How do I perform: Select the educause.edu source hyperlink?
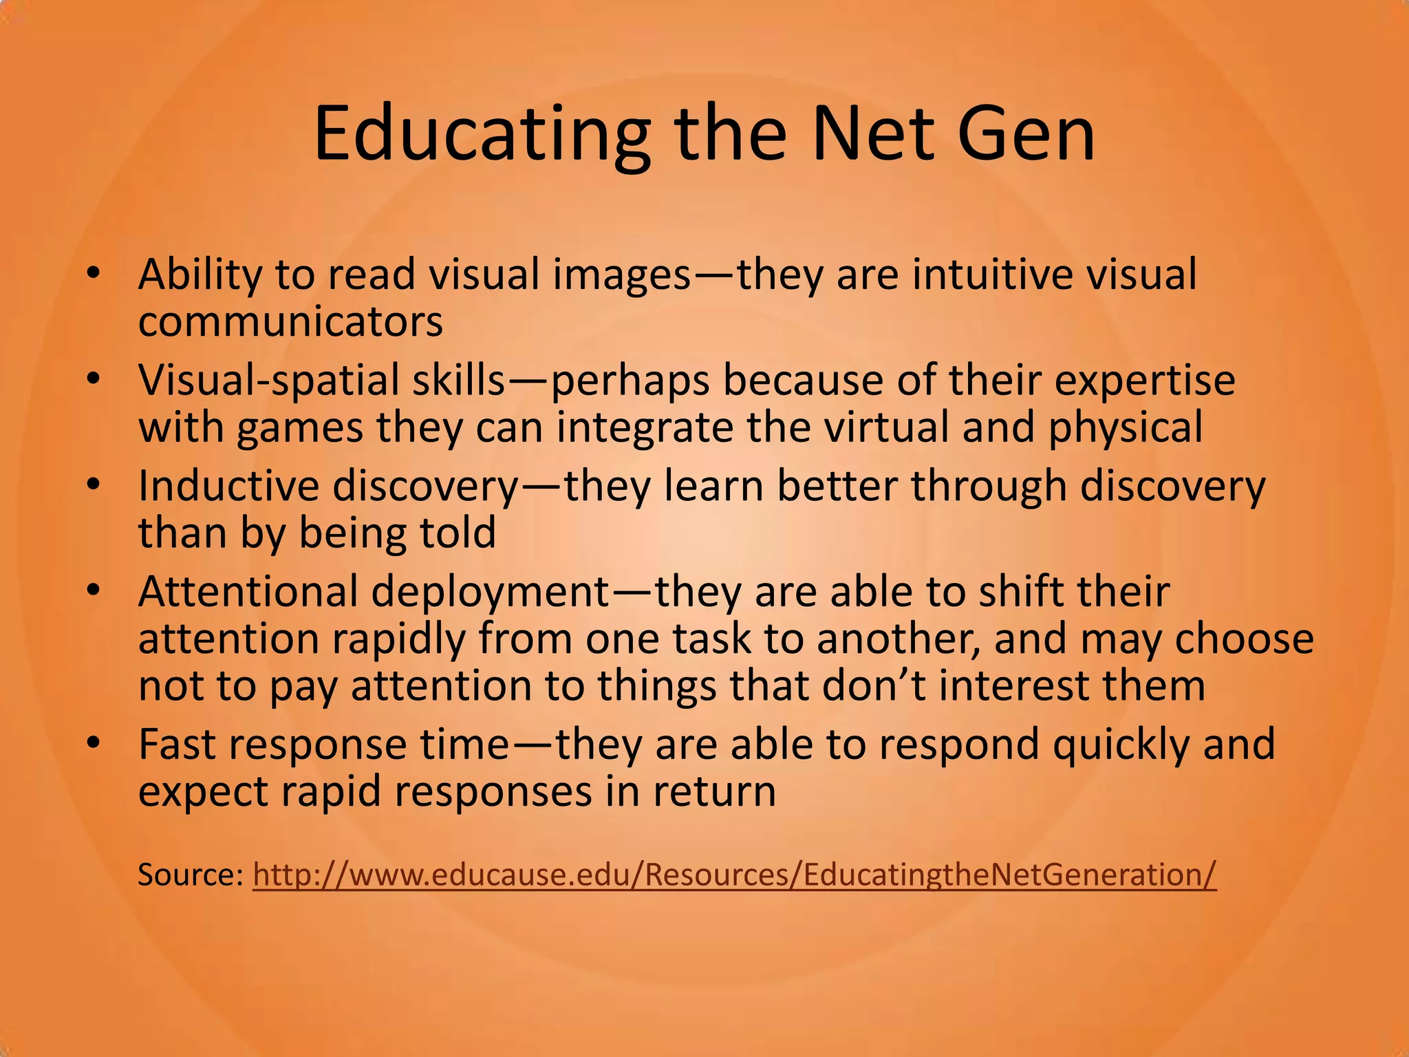point(734,875)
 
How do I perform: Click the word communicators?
point(290,321)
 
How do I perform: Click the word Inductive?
point(229,486)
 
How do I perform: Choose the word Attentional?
point(248,592)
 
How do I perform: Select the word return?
point(715,792)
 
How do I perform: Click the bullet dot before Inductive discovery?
point(94,485)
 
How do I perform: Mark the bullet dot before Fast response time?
point(94,743)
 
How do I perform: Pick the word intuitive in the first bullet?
point(991,275)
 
